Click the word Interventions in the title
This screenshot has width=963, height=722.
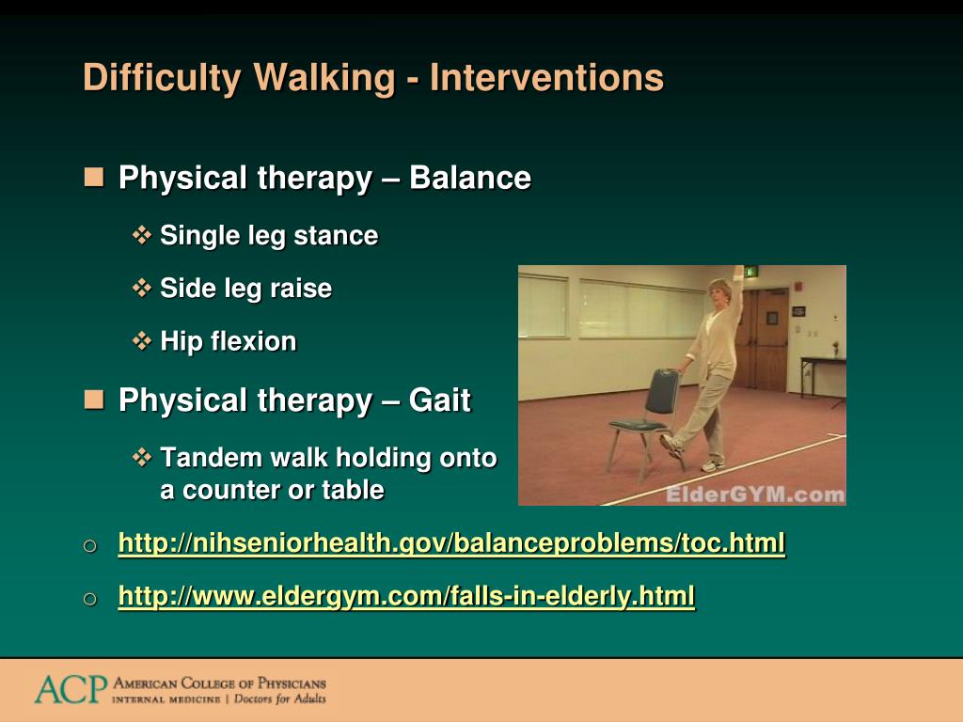click(x=546, y=77)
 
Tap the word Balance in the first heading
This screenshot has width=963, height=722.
click(x=470, y=178)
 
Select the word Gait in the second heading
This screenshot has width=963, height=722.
click(x=440, y=400)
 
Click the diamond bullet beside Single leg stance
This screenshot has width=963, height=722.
click(x=142, y=235)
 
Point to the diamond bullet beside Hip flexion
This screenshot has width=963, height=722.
click(x=142, y=340)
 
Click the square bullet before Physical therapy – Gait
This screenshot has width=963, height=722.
click(x=94, y=400)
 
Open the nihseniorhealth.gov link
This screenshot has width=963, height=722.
click(x=451, y=543)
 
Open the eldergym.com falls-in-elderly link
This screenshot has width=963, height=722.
click(x=406, y=596)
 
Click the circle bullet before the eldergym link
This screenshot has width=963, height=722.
click(x=89, y=599)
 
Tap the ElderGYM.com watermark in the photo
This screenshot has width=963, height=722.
click(x=755, y=494)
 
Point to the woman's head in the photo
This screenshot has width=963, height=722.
click(x=720, y=291)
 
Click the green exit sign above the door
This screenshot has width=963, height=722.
click(x=751, y=272)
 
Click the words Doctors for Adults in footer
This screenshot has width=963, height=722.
click(x=280, y=699)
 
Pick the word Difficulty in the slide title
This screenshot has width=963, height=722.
click(x=162, y=77)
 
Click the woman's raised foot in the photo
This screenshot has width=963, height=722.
click(x=671, y=445)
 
